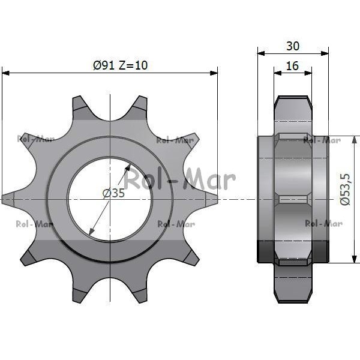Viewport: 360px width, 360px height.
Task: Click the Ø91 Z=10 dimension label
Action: coord(121,65)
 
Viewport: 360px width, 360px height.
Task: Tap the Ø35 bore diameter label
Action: coord(113,193)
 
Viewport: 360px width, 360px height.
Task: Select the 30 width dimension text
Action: coord(293,46)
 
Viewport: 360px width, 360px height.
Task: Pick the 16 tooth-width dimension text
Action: coord(292,66)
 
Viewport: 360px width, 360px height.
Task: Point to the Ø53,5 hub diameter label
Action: coord(346,190)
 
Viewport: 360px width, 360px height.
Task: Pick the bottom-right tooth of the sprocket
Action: coord(190,257)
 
